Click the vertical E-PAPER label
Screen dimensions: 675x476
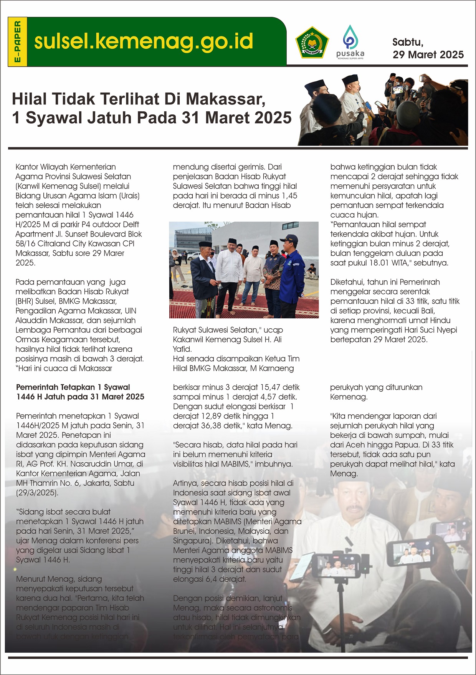click(x=17, y=42)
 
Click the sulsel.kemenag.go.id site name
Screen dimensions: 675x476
click(x=144, y=41)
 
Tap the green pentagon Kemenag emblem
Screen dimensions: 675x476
click(x=312, y=43)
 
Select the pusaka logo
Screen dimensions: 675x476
click(x=350, y=42)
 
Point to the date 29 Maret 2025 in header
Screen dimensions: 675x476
click(x=428, y=55)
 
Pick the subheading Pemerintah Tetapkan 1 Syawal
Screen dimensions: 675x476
click(x=73, y=387)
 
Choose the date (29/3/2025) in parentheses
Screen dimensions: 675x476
click(x=37, y=493)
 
